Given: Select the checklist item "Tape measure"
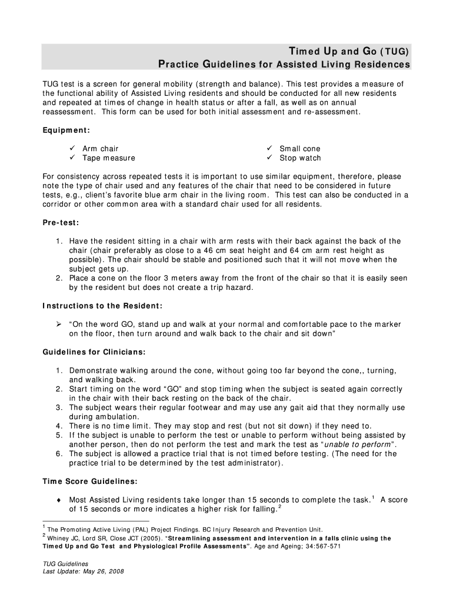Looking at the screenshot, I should [108, 158].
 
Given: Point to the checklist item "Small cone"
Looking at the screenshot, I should [299, 149].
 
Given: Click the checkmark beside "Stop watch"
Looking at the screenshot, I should [269, 158].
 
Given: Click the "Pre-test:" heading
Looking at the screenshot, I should [61, 223].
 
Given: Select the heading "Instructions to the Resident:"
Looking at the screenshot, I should [102, 306].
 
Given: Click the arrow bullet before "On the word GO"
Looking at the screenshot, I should [59, 324].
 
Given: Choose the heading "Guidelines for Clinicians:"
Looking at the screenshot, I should [94, 352].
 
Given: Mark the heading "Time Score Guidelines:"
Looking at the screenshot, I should [90, 481].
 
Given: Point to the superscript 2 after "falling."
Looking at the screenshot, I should [279, 507].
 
